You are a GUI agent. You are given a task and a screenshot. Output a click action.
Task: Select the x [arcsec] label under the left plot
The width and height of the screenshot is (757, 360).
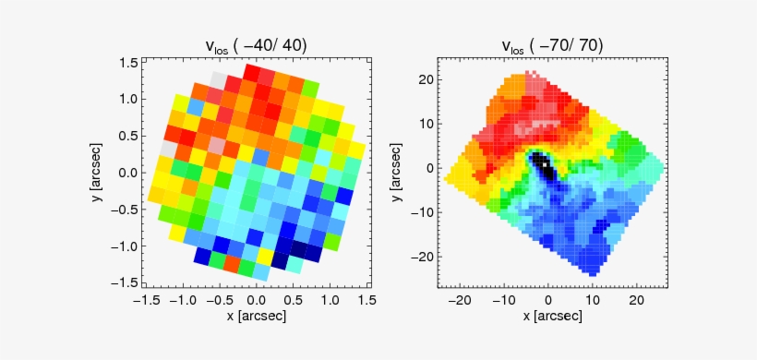pos(256,316)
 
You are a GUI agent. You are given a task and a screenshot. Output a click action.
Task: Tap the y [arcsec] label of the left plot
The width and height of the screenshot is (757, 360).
pos(98,173)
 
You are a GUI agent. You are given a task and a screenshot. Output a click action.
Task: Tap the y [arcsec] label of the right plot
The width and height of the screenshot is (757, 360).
pos(395,173)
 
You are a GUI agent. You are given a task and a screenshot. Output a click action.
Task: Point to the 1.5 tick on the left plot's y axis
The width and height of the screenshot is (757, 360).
pos(129,62)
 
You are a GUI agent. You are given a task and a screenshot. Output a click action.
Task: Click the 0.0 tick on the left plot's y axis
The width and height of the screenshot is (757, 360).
pos(129,173)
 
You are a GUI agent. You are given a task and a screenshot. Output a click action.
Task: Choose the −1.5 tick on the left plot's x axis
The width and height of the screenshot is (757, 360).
pos(145,300)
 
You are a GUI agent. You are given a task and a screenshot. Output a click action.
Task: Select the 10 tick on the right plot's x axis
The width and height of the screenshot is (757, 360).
pos(593,300)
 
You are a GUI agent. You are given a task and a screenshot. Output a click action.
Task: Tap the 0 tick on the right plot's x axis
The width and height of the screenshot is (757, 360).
pos(549,300)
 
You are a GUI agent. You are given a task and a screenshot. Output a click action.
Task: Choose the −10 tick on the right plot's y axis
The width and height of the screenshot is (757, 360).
pos(425,212)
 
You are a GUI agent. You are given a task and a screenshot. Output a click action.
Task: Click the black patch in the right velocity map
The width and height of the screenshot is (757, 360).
pos(544,168)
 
